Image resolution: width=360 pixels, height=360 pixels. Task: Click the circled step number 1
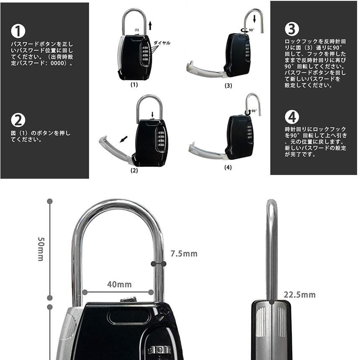18,31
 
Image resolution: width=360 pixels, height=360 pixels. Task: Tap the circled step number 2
18,120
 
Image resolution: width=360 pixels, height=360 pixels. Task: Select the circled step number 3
292,29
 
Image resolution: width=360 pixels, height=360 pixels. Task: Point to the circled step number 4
292,117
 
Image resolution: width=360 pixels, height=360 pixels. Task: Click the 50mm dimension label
41,249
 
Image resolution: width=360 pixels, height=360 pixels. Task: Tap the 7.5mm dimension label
184,254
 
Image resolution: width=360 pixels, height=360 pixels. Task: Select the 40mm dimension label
119,285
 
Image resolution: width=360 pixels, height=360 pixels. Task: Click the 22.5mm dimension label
300,295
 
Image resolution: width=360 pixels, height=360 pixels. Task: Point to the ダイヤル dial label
162,43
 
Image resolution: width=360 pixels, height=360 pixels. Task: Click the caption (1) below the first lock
134,84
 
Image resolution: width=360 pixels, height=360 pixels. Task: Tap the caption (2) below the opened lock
134,170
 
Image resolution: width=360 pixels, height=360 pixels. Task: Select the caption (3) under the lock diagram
228,85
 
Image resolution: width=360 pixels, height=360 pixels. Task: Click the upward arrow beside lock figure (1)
150,26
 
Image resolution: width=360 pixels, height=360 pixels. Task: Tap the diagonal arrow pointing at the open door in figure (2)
123,139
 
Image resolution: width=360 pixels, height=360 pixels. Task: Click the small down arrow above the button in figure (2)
152,114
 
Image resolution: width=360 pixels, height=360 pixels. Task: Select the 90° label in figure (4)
254,111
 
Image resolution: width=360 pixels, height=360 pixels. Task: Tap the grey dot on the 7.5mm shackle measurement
153,264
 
